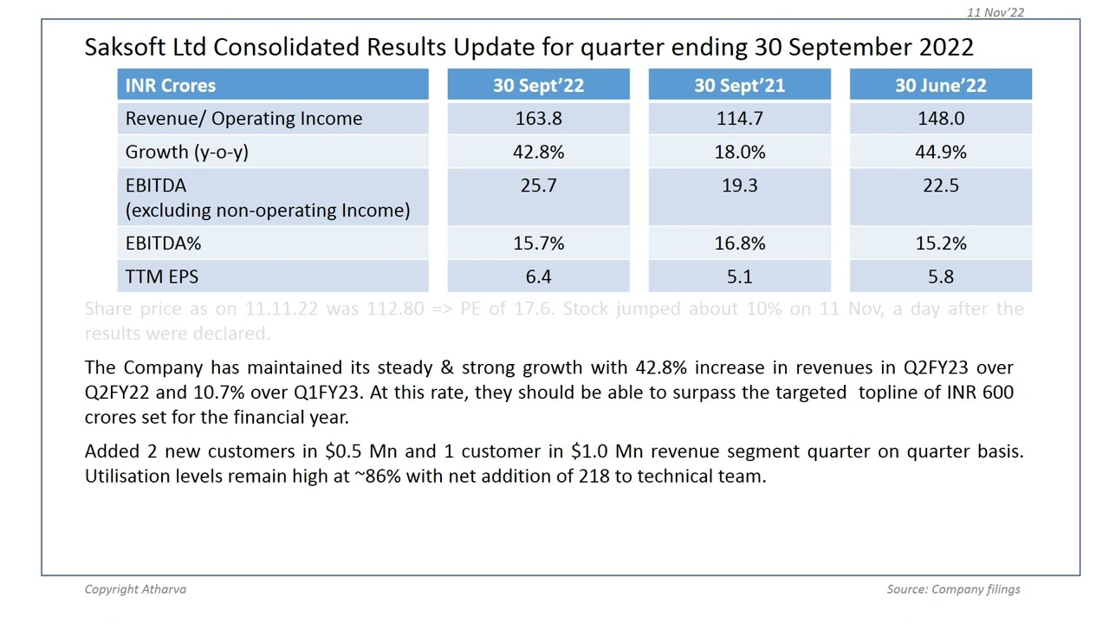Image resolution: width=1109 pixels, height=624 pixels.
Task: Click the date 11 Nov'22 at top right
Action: (996, 12)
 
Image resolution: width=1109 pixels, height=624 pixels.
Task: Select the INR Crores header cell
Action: (171, 85)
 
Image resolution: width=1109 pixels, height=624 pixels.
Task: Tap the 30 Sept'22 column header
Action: (538, 85)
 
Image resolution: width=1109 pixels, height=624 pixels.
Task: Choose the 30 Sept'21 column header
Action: (739, 85)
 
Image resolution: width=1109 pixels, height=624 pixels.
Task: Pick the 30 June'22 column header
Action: (940, 85)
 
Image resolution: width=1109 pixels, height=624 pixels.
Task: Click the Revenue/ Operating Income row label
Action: (243, 119)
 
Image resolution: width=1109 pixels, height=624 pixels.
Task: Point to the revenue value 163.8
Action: (538, 119)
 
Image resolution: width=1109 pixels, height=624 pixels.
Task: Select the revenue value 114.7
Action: (739, 119)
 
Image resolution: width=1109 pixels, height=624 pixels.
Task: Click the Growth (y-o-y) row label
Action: (186, 153)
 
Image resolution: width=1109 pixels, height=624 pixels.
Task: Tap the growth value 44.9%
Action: (940, 153)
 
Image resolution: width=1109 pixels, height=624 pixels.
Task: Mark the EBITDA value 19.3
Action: (739, 185)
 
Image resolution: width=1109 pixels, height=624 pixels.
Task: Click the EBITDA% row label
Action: (163, 244)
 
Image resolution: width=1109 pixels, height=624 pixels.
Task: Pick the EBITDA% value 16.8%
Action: (739, 244)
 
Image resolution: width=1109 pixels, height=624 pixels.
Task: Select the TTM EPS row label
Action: (161, 277)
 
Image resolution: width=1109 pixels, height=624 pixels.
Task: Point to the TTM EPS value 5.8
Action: (940, 277)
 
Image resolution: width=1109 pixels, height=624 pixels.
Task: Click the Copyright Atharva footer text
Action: (135, 589)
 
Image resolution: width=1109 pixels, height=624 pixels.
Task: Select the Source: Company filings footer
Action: (953, 589)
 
